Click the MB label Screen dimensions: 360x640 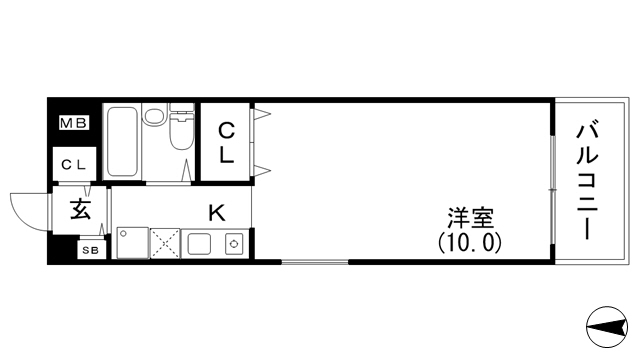(x=73, y=124)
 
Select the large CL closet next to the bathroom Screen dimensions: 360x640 (x=226, y=143)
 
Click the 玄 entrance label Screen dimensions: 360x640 (x=79, y=210)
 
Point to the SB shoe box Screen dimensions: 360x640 (x=90, y=250)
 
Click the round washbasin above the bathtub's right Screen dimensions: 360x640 (x=154, y=117)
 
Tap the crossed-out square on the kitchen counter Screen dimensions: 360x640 (x=164, y=243)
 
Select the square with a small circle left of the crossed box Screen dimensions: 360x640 (x=132, y=243)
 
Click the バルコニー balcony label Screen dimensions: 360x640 (x=588, y=180)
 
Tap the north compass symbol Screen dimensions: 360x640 (x=607, y=326)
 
